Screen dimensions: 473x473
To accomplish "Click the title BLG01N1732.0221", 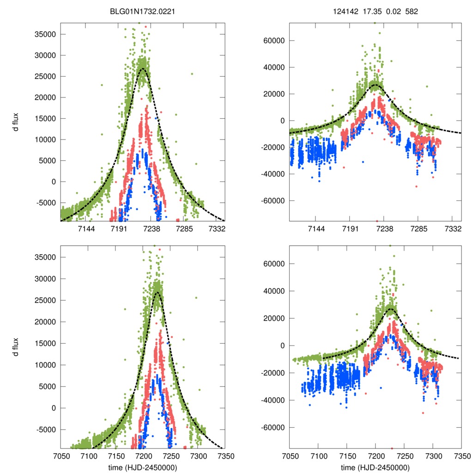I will coord(143,12).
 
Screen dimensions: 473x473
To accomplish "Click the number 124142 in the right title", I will coord(343,12).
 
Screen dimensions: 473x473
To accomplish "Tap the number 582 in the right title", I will coord(411,12).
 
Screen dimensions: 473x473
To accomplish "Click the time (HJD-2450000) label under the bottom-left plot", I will coord(143,467).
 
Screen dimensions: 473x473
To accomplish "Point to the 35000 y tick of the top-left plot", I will coord(47,34).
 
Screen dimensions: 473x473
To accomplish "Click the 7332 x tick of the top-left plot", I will coord(217,229).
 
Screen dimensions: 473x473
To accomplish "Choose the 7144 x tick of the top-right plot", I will coord(316,229).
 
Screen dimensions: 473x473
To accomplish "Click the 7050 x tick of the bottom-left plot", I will coord(61,455).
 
